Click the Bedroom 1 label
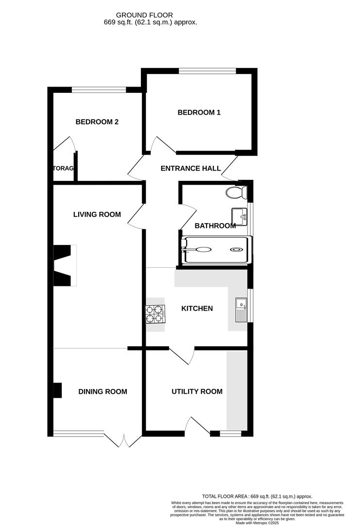coord(199,112)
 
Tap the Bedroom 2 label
coord(97,122)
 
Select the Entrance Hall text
coord(190,169)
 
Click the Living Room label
coord(97,214)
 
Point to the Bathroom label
coord(215,226)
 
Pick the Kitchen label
coord(197,308)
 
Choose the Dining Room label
coord(103,391)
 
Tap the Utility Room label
coord(197,391)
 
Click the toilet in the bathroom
coord(236,193)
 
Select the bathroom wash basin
coord(239,214)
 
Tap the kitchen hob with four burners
coord(155,314)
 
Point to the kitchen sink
coord(240,310)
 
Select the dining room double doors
coord(123,440)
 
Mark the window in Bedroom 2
coord(99,89)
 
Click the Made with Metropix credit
coord(257,523)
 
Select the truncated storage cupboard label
coord(63,169)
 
